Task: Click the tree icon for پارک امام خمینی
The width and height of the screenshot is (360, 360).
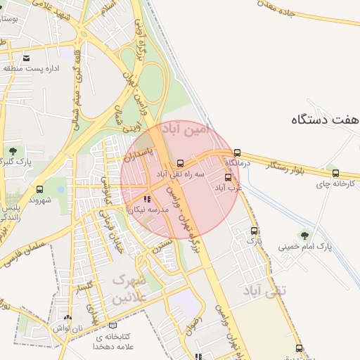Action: click(x=304, y=236)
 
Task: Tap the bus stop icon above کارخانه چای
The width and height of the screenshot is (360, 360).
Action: click(x=335, y=173)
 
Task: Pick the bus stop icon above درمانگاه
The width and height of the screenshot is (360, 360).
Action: click(x=237, y=152)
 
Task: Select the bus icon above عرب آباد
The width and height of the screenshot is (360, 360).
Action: click(x=228, y=177)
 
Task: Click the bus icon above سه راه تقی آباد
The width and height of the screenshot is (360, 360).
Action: click(x=181, y=162)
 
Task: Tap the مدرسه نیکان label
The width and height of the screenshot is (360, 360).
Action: click(x=153, y=210)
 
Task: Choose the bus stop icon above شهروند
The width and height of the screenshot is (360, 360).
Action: click(x=39, y=189)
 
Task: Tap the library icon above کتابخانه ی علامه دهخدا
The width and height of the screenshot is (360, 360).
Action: click(x=113, y=326)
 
